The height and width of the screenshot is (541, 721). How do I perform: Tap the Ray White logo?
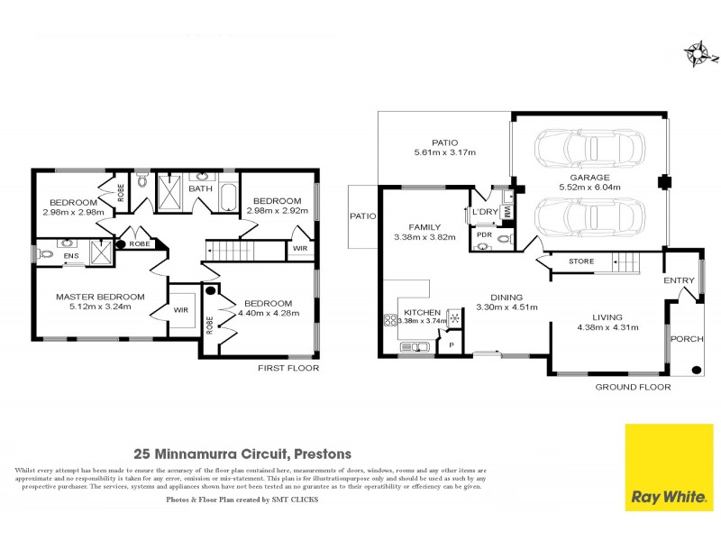669,468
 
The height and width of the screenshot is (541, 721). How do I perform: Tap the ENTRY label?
680,280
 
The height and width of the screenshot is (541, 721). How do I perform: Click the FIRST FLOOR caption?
288,369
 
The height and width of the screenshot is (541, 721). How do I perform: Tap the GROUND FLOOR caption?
633,387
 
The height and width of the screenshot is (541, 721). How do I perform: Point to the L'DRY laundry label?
486,212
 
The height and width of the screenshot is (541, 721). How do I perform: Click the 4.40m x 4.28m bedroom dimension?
268,313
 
